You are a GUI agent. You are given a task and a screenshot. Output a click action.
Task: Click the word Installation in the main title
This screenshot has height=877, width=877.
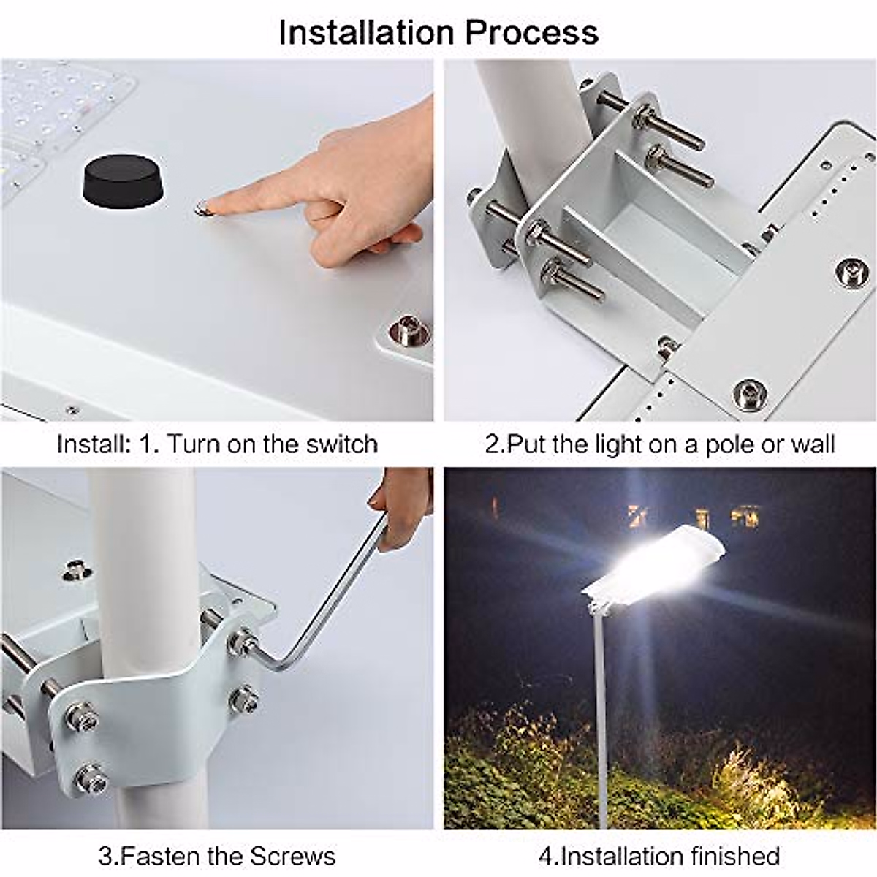[367, 33]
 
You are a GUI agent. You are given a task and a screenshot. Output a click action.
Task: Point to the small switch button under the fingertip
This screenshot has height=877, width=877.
[200, 209]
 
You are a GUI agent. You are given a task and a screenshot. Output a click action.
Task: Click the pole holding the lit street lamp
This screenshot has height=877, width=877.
[599, 710]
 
